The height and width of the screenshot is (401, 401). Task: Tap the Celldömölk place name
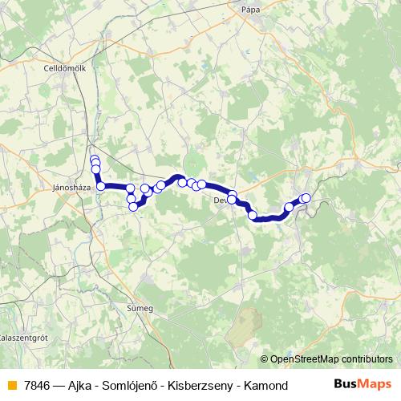(65, 69)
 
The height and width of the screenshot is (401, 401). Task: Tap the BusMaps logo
(363, 386)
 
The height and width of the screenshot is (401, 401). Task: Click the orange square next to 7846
(11, 386)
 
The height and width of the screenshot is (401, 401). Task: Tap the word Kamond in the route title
(269, 386)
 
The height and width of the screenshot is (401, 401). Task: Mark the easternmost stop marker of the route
(306, 198)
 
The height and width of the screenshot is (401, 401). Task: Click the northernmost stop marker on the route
(94, 159)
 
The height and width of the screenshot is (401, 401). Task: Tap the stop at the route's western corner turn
(101, 186)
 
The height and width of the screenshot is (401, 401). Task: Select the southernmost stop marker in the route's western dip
(133, 207)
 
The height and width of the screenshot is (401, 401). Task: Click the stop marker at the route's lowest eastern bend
(253, 215)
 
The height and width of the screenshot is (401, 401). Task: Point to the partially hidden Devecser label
(221, 201)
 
